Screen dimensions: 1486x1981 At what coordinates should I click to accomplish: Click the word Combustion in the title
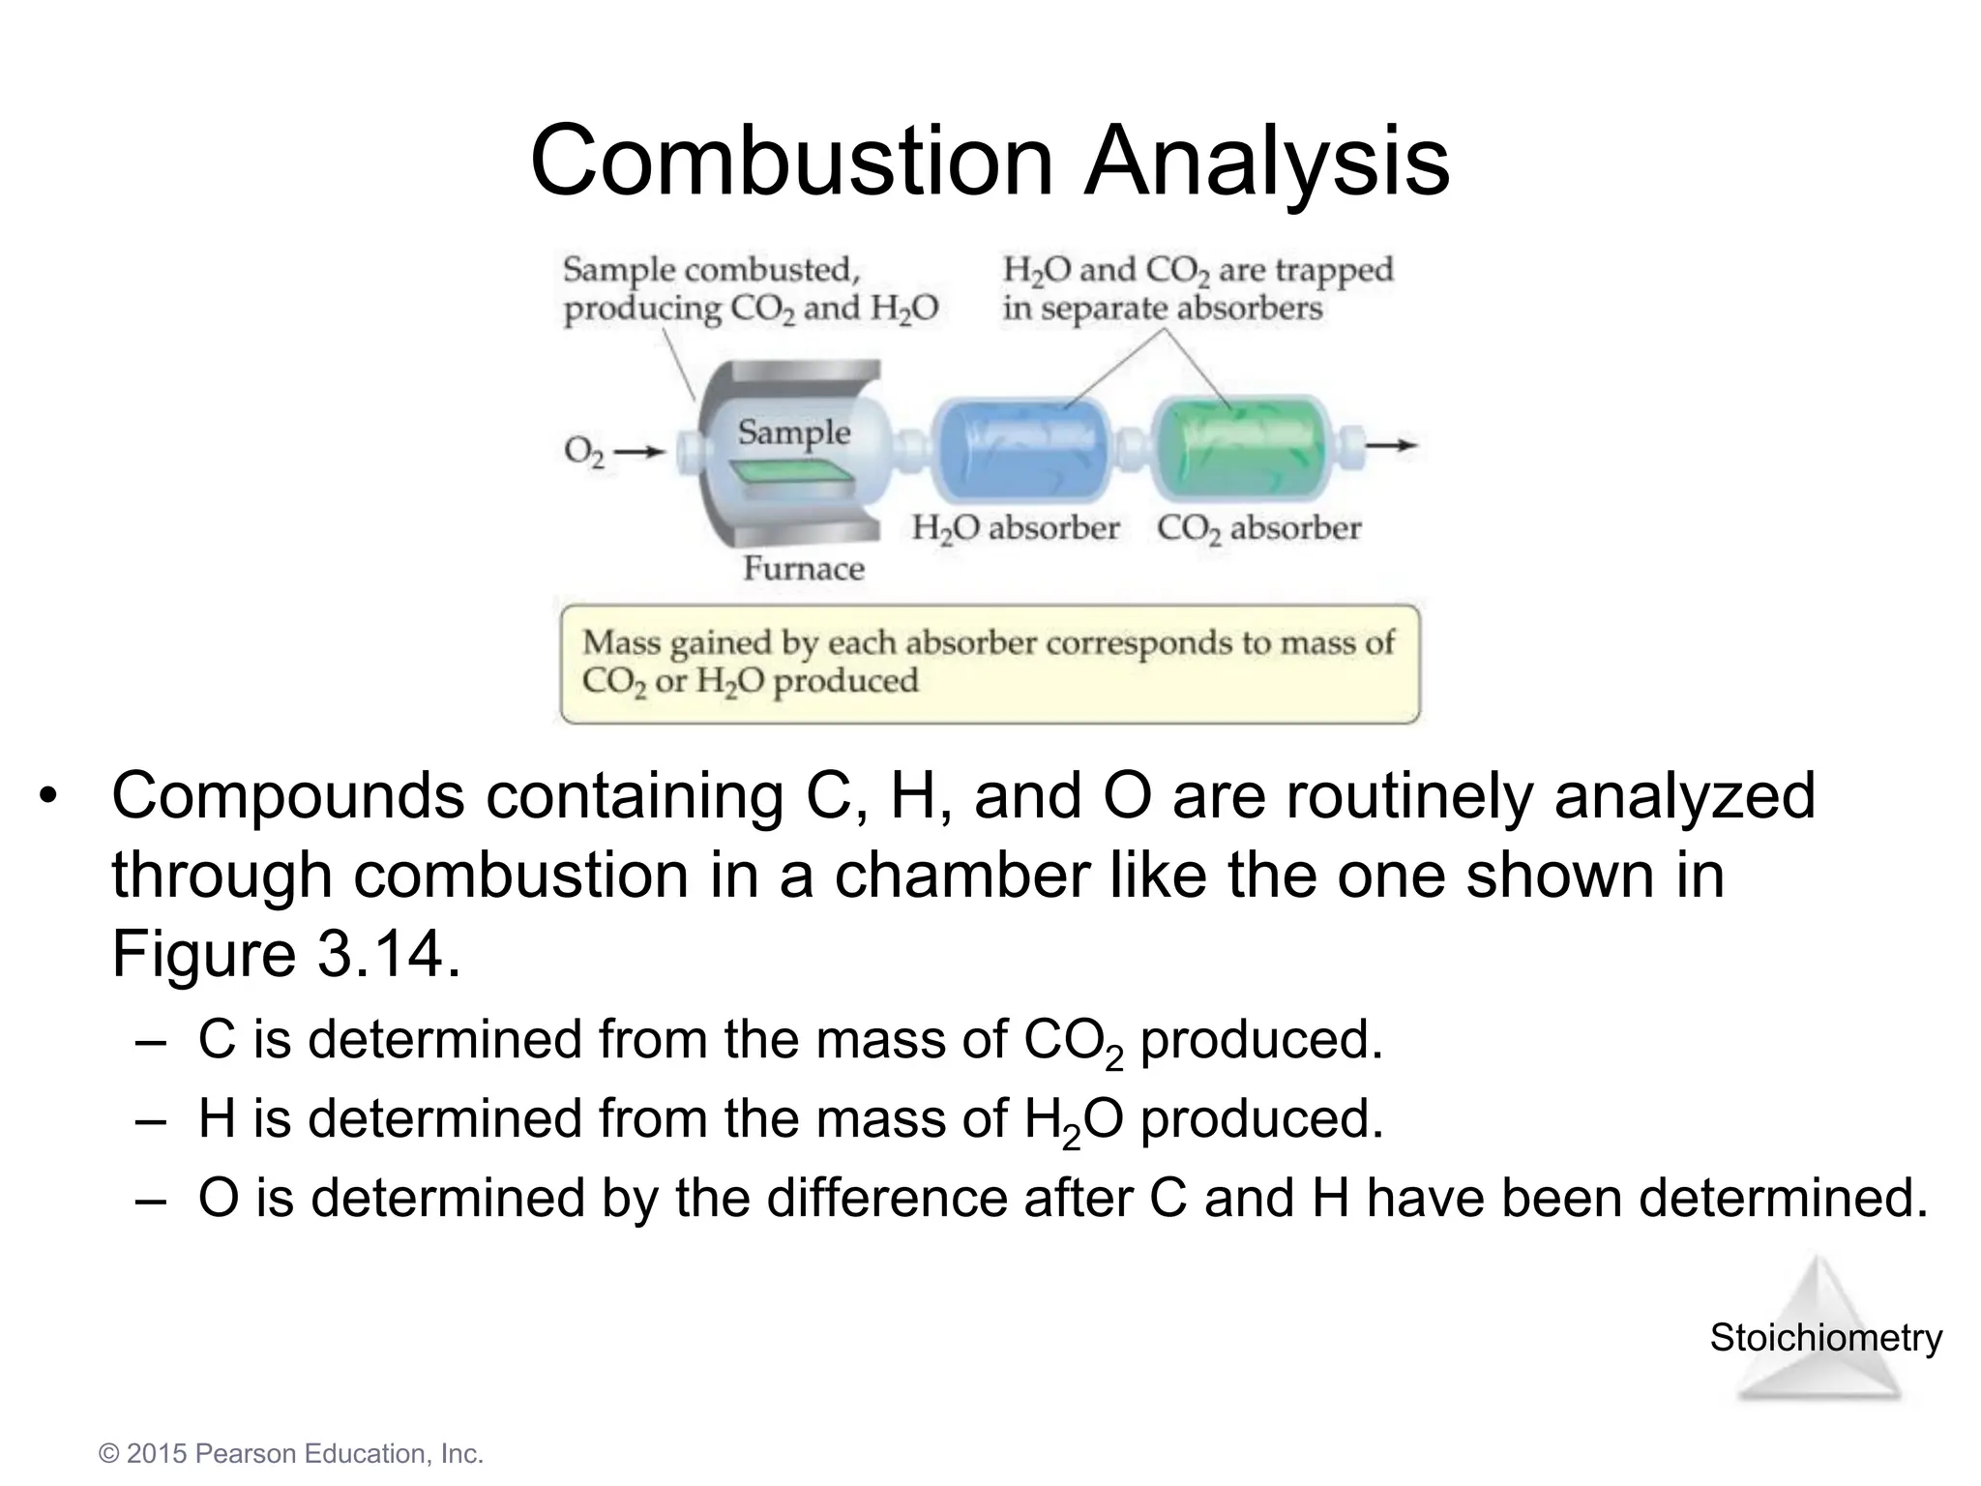click(x=791, y=161)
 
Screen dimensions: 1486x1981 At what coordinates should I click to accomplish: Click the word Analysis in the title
click(x=1266, y=161)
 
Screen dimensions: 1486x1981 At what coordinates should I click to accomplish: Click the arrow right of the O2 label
click(x=639, y=451)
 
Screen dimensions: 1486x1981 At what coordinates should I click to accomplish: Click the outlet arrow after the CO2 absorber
click(x=1392, y=446)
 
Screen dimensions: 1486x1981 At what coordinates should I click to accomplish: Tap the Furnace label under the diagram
click(x=803, y=568)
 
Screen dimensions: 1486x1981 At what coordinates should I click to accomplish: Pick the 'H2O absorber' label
click(x=1015, y=528)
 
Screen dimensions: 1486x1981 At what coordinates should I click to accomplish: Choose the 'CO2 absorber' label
click(x=1258, y=528)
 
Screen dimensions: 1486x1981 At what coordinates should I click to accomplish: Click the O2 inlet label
click(x=583, y=452)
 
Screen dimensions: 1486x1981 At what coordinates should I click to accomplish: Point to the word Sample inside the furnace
click(x=793, y=431)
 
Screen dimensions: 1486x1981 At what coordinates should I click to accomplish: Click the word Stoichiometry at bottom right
click(x=1825, y=1338)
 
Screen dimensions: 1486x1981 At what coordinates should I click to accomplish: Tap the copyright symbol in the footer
click(x=109, y=1454)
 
